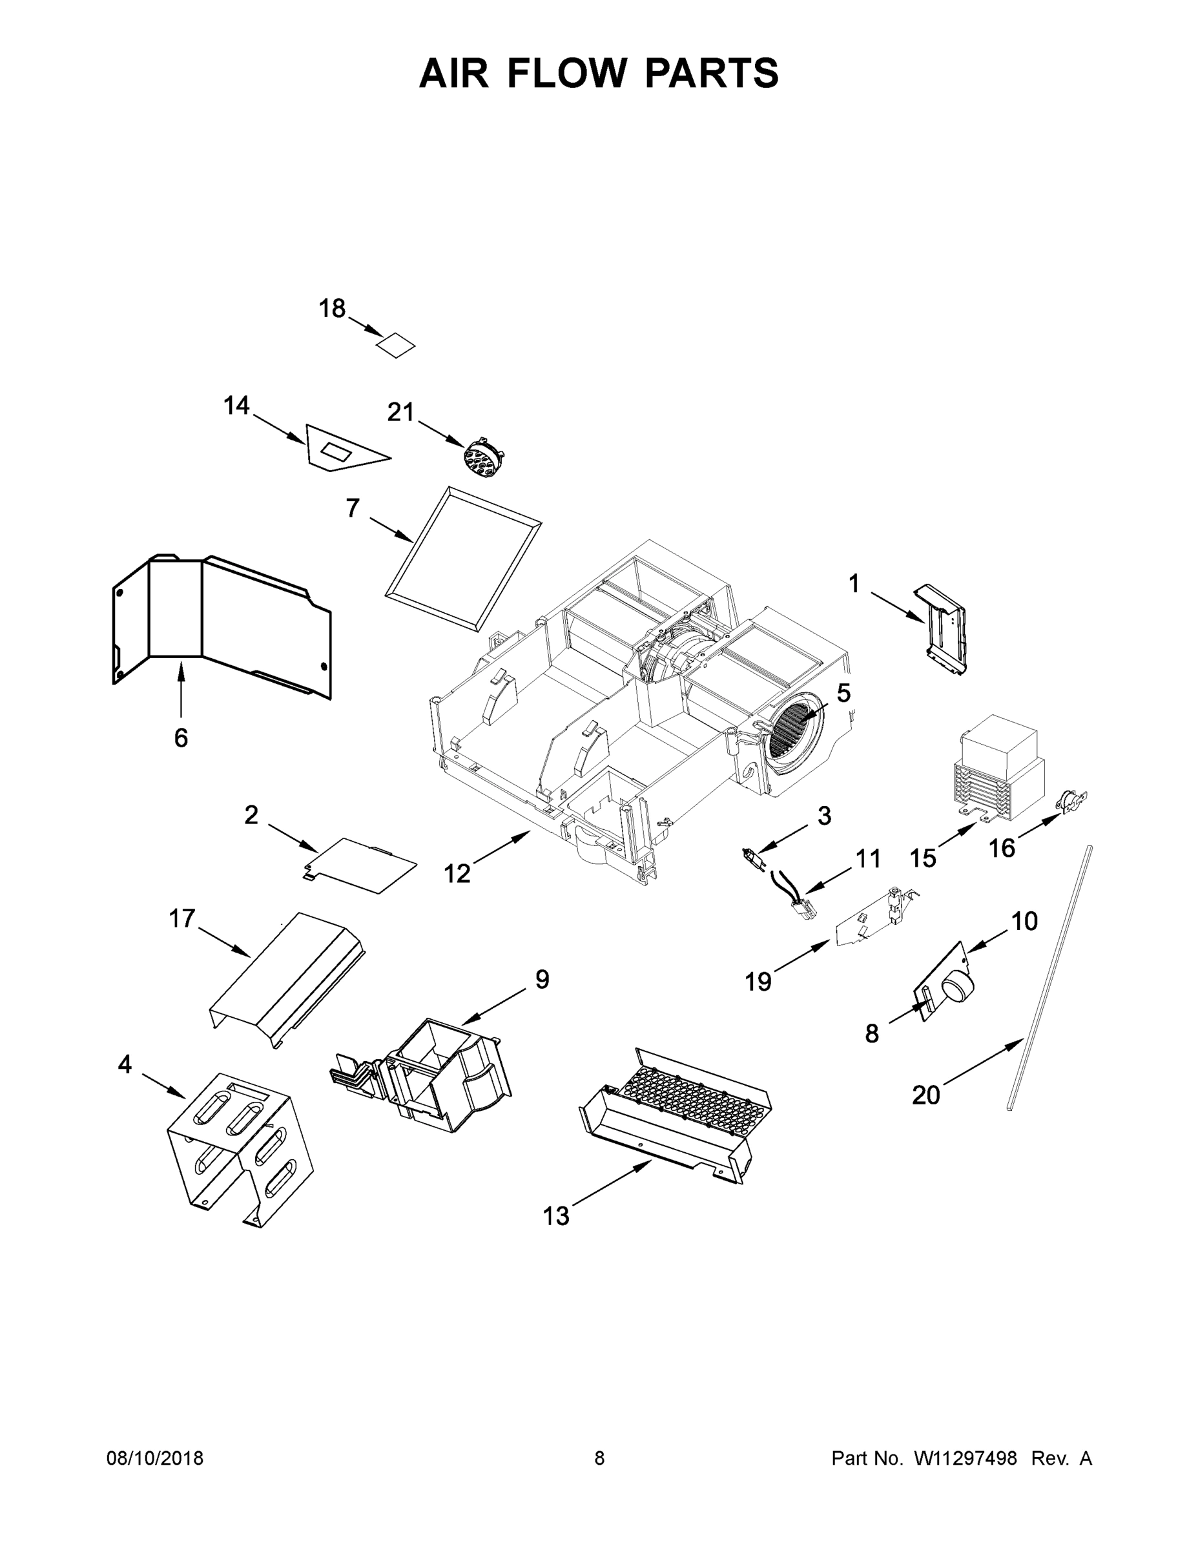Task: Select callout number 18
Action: (331, 309)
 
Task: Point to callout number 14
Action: (236, 406)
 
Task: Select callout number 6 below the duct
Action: (181, 738)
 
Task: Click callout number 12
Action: (457, 874)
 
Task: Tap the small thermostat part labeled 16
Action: (1069, 803)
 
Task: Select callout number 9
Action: (541, 979)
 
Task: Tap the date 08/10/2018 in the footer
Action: (155, 1458)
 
